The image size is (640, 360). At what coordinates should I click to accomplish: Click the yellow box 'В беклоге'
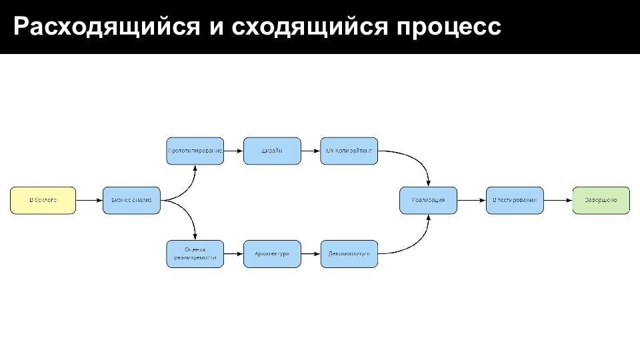point(43,200)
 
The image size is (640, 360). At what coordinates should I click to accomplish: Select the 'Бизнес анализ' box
point(132,200)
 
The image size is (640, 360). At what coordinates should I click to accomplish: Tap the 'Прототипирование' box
point(195,151)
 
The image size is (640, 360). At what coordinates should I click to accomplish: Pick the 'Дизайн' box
point(272,151)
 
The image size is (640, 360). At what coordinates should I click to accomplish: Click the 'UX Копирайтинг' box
point(349,151)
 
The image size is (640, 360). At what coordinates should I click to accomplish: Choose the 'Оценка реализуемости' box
point(195,254)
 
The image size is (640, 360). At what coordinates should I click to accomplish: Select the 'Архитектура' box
point(272,254)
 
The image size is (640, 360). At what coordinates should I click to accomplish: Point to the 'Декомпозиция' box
point(349,254)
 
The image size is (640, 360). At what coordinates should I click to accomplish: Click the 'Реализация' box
point(429,200)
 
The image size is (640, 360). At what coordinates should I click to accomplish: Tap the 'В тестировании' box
point(515,200)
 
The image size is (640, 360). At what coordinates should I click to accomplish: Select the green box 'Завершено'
point(601,200)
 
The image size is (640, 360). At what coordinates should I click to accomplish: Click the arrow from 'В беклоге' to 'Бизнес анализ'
point(89,200)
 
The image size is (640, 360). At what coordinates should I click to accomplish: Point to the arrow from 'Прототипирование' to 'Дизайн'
point(233,151)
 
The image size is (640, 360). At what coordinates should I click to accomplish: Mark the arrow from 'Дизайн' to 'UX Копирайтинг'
point(311,151)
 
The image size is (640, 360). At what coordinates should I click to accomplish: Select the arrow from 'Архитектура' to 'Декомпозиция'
point(311,254)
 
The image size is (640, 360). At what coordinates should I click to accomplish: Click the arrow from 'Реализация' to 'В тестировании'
point(472,200)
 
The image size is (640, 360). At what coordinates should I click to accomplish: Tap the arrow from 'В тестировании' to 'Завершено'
point(559,200)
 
